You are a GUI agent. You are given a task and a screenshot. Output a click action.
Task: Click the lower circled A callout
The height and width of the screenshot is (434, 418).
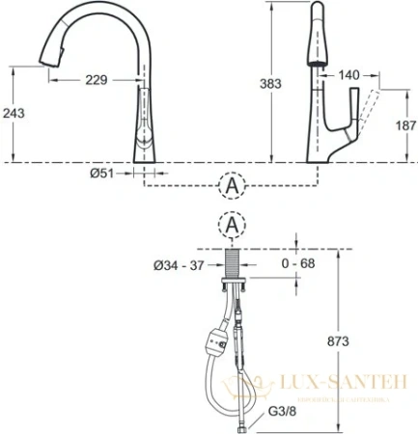(x=230, y=225)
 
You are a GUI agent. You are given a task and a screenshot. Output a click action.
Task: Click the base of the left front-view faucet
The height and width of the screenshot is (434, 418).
(x=142, y=153)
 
